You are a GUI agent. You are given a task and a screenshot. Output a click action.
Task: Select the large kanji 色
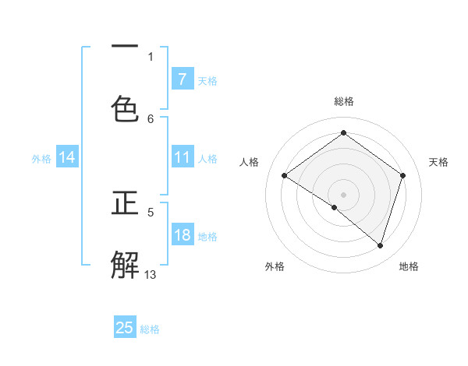point(125,108)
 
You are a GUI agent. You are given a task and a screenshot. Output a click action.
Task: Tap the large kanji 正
point(125,203)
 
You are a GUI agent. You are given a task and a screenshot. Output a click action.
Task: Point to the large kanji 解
point(125,264)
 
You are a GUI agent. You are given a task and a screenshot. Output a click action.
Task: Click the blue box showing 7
point(182,79)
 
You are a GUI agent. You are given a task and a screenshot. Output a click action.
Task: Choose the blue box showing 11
point(182,157)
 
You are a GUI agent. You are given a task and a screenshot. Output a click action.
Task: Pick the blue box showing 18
point(182,235)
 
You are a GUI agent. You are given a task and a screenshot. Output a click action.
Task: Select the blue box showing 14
point(67,157)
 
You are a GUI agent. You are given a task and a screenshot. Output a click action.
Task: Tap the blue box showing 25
point(125,328)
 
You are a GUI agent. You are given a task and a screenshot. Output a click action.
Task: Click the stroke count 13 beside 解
point(151,274)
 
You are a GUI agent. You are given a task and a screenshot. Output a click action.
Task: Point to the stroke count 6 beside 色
point(151,118)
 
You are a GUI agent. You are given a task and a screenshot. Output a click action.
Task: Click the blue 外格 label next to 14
point(41,158)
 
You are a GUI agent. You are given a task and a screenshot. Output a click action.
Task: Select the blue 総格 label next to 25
point(151,329)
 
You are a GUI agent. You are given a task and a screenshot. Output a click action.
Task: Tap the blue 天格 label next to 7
point(207,80)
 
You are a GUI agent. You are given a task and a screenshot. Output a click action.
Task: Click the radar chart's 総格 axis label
point(343,101)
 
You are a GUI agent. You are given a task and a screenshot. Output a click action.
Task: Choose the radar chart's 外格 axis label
point(275,266)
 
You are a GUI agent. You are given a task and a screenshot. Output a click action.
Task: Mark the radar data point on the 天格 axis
point(402,175)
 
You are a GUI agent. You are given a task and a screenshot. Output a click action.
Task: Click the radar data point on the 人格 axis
point(284,176)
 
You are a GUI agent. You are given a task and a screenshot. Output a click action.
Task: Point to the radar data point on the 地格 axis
point(380,245)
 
